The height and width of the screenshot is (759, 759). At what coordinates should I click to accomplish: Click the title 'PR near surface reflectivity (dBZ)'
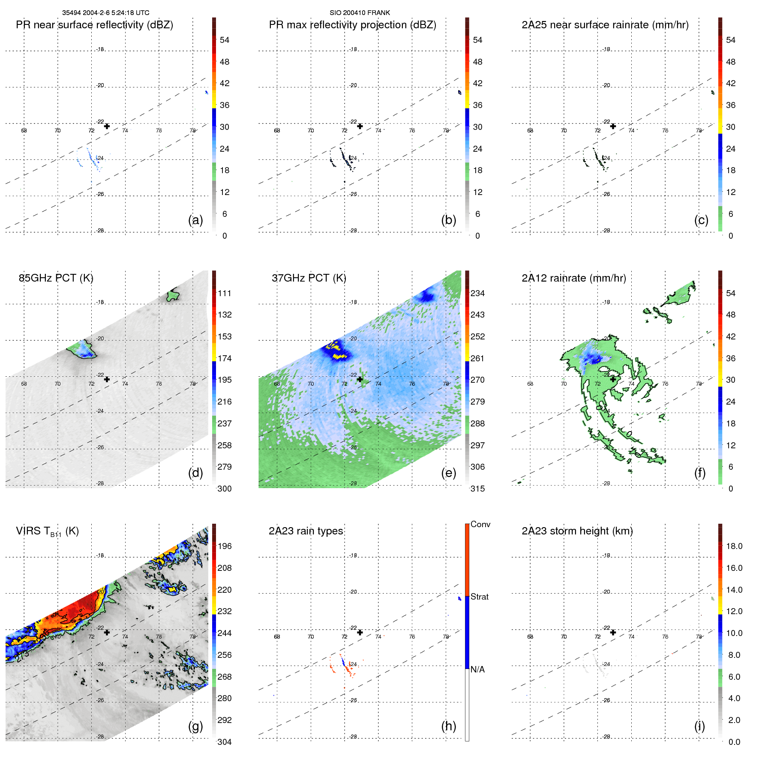click(x=94, y=25)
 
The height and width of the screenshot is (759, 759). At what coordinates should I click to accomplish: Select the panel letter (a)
click(x=195, y=220)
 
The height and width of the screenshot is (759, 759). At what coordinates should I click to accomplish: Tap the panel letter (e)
click(x=448, y=473)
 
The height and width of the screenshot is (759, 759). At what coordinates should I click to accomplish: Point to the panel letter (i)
click(x=699, y=726)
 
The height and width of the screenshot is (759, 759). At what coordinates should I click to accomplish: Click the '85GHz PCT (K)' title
click(x=56, y=278)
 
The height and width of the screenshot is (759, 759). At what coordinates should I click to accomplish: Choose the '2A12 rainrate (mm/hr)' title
click(x=574, y=278)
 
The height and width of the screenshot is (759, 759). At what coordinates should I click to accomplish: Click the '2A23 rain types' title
click(x=306, y=531)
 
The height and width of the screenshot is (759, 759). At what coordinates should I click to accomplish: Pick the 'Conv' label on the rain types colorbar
click(x=480, y=524)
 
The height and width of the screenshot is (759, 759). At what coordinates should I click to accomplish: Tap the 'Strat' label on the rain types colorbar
click(x=479, y=597)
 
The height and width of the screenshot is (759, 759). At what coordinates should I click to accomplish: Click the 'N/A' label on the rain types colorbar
click(x=477, y=669)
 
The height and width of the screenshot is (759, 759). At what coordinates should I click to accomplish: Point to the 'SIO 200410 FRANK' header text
click(x=360, y=13)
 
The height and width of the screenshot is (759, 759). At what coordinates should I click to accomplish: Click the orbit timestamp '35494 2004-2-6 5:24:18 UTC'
click(x=105, y=13)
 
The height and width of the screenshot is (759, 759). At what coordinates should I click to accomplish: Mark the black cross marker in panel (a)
click(x=107, y=126)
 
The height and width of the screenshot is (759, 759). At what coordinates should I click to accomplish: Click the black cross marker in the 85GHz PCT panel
click(x=107, y=379)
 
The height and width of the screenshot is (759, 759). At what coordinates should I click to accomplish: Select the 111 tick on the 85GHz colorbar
click(x=225, y=293)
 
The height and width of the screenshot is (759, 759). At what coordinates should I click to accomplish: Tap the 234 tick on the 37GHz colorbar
click(x=477, y=293)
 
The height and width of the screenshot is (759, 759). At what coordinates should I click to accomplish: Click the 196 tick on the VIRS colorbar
click(x=225, y=546)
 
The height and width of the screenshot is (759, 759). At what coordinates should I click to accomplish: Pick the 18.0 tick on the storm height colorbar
click(x=734, y=546)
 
